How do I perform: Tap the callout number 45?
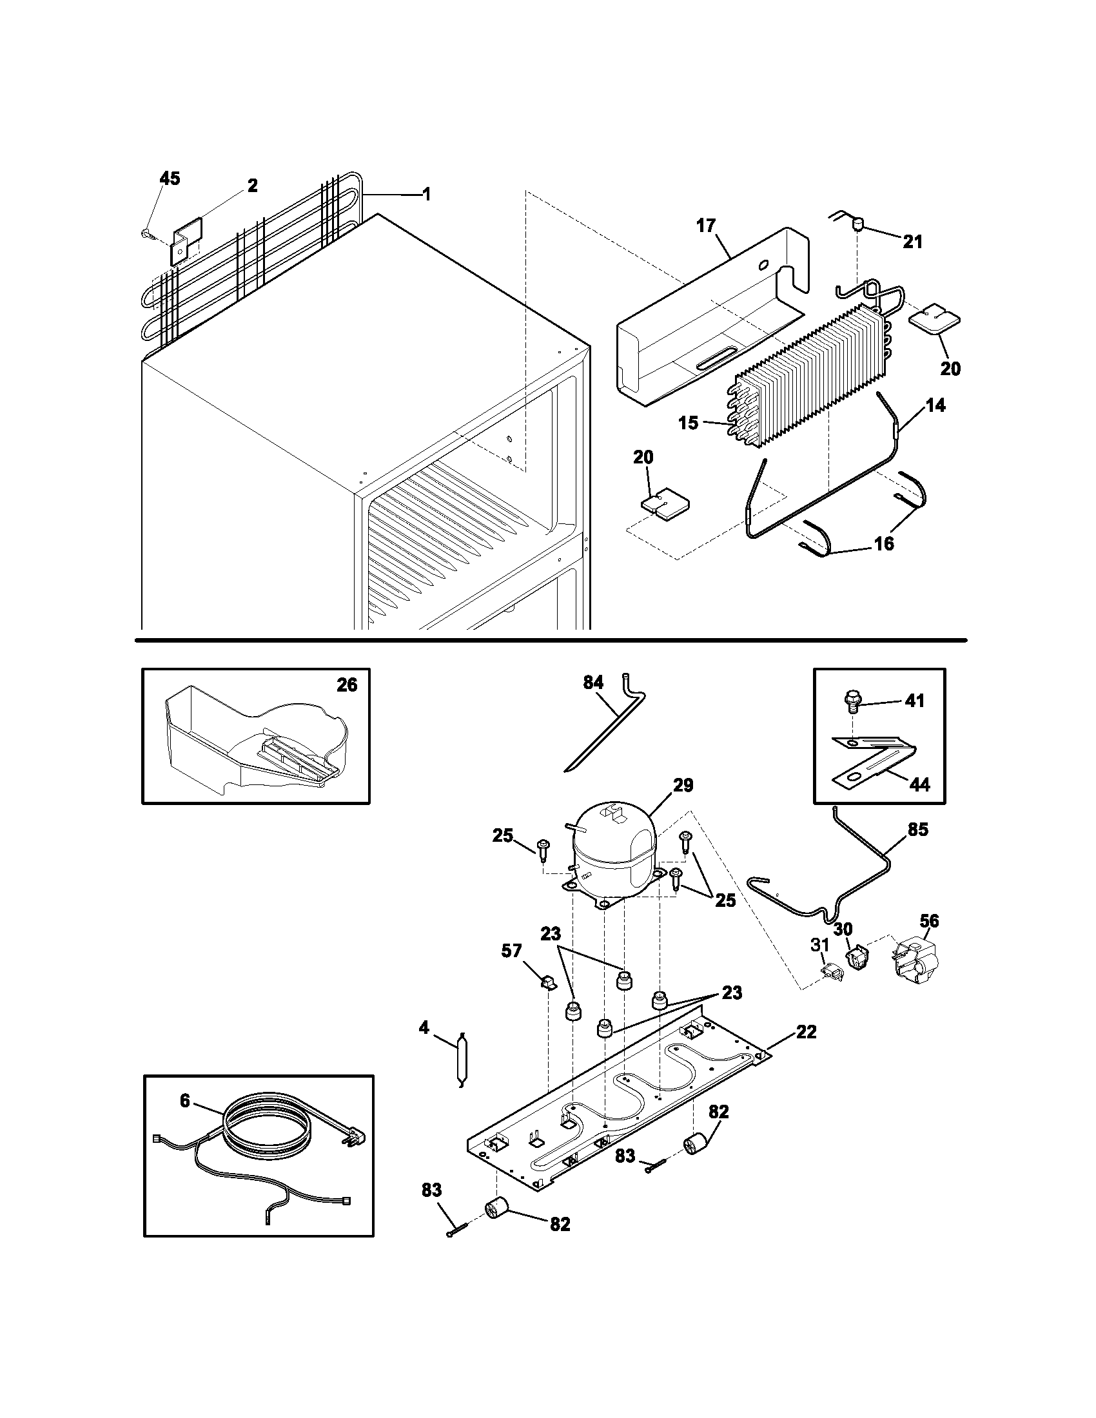170,179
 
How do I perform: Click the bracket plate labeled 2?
186,240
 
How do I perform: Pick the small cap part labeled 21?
858,225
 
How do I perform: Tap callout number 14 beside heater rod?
935,406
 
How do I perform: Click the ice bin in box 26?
253,740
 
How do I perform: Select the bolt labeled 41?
851,701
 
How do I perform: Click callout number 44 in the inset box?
919,784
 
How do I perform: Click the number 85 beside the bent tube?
918,830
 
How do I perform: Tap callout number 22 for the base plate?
806,1032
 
